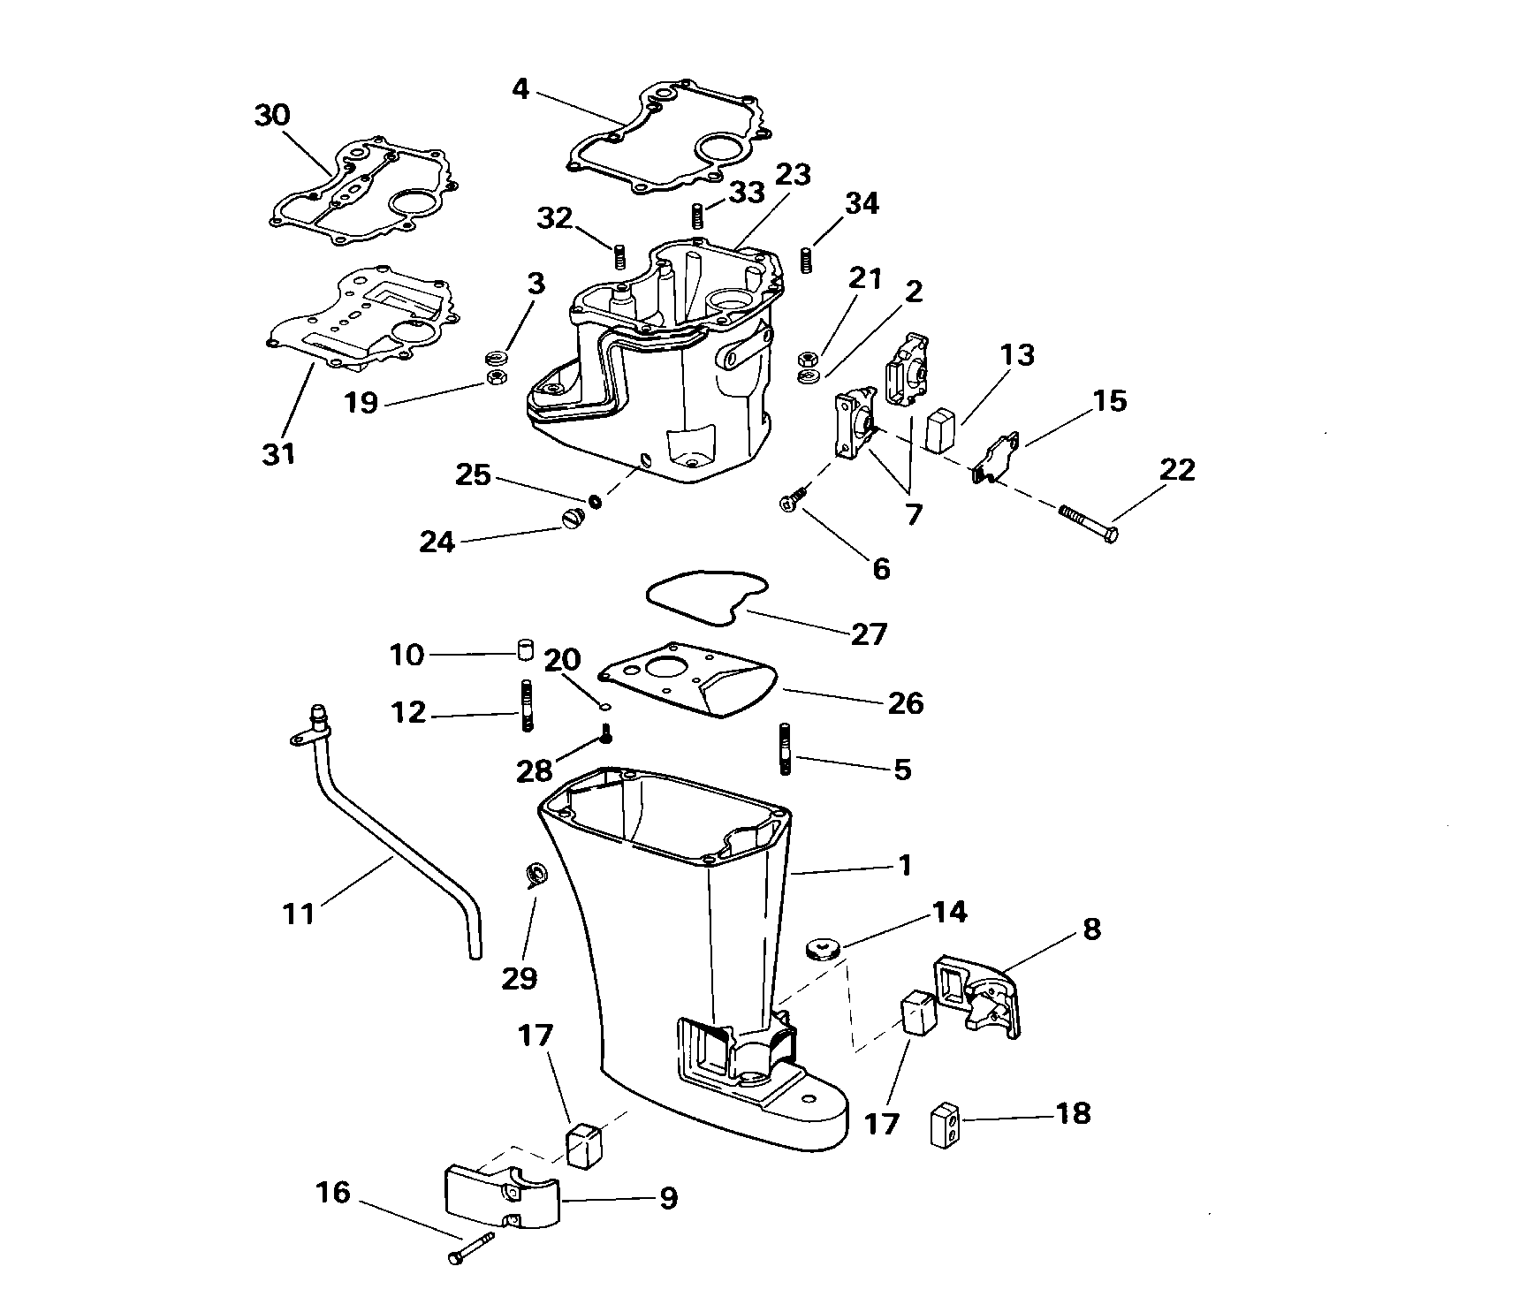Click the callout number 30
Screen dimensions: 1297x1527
[272, 115]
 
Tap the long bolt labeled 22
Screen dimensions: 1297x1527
[1087, 523]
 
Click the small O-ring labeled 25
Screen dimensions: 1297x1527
[596, 501]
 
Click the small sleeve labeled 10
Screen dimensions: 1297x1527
[527, 652]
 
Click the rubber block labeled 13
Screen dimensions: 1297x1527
[941, 429]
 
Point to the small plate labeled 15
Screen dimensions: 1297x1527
[997, 459]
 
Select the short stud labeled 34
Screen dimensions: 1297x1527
[807, 261]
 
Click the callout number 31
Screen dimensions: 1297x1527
[279, 454]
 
